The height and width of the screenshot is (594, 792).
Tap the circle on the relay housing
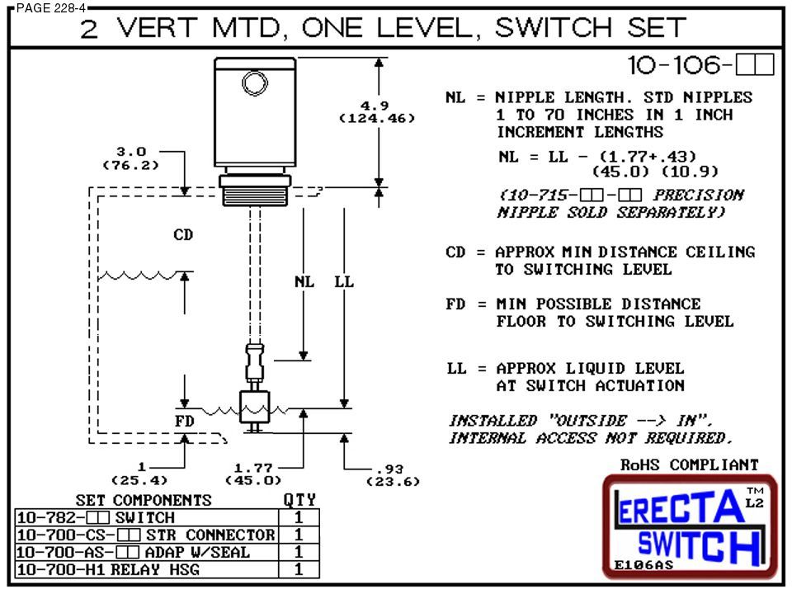coord(253,83)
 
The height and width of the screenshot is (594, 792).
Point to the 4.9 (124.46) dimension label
coord(376,111)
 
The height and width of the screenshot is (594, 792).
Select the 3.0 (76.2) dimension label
coord(130,158)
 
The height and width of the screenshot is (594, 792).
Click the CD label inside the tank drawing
coord(183,236)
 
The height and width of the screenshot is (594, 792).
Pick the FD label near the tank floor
coord(185,421)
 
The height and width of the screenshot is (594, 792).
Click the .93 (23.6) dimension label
coord(397,474)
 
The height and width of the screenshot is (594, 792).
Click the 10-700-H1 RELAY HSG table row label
coord(107,569)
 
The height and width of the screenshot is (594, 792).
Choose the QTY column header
coord(299,500)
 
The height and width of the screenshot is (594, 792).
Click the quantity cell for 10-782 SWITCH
coord(299,517)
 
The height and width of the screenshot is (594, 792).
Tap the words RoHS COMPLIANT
coord(689,465)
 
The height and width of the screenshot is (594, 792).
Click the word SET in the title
coord(652,27)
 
